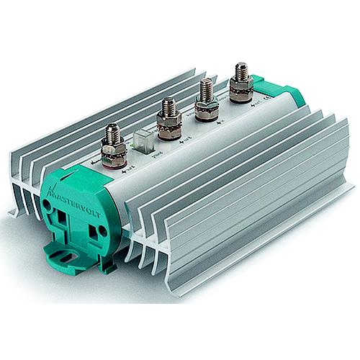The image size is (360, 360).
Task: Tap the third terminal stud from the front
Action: pyautogui.click(x=205, y=94)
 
